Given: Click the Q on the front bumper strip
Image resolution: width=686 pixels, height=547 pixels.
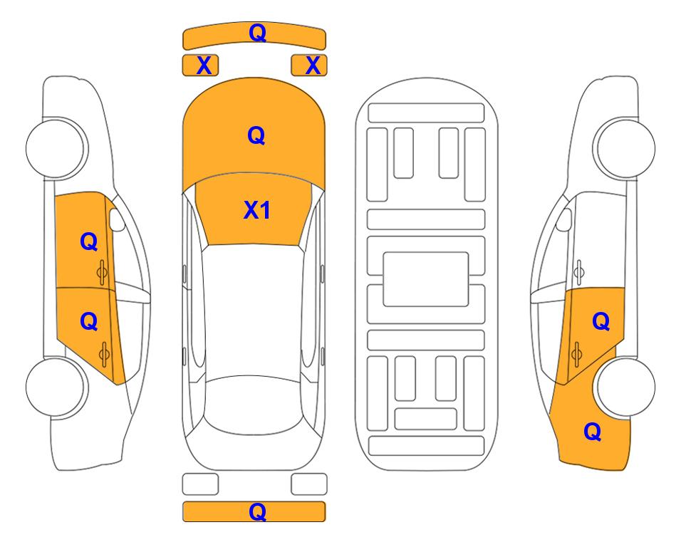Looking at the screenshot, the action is click(x=257, y=33).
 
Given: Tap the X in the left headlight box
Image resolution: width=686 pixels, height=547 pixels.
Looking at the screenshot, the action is click(x=204, y=66).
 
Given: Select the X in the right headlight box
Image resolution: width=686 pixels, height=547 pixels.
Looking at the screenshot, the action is click(x=313, y=66).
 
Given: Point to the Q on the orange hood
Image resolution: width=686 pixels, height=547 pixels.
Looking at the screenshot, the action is click(x=256, y=135).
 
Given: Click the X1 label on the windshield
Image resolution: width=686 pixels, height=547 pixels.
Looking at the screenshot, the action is click(x=257, y=210).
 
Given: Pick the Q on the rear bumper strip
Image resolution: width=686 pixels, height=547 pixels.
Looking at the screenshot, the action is click(x=257, y=511).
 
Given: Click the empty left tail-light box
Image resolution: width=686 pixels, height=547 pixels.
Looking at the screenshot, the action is click(x=200, y=484).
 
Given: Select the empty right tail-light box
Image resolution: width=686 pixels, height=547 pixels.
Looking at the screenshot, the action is click(x=309, y=484).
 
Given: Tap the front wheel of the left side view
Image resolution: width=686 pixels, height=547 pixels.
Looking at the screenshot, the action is click(x=56, y=148).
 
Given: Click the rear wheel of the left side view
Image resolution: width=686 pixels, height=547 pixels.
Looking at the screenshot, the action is click(x=56, y=387).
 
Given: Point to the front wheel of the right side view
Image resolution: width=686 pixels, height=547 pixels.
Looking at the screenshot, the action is click(x=625, y=148).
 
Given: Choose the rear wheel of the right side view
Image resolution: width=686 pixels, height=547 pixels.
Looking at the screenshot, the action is click(x=625, y=387).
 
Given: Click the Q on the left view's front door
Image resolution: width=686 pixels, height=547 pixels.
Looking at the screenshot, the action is click(x=89, y=241).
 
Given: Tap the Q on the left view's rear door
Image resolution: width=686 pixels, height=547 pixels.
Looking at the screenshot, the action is click(x=89, y=322).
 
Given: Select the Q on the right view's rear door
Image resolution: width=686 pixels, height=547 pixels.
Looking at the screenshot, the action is click(x=601, y=322).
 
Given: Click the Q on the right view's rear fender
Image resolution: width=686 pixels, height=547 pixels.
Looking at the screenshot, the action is click(x=593, y=432).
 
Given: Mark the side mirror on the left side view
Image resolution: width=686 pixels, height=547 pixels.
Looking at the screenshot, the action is click(x=117, y=220).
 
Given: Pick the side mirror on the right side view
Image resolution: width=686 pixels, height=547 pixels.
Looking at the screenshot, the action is click(x=564, y=220).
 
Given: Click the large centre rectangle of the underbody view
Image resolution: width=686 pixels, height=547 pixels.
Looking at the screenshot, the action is click(x=426, y=279).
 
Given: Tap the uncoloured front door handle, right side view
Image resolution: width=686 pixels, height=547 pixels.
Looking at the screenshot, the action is click(x=579, y=272).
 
